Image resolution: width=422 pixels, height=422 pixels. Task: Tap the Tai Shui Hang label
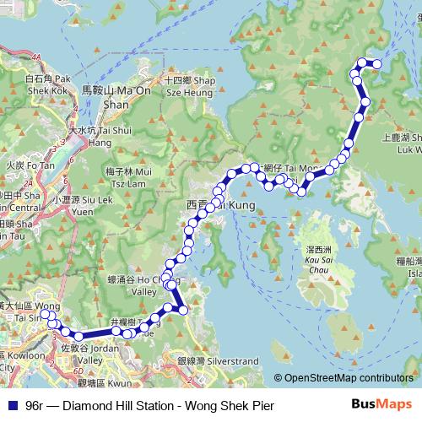(x=93, y=137)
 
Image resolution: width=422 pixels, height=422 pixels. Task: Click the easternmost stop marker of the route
(x=377, y=64)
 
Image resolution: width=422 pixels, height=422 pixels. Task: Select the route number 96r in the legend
(x=36, y=405)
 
